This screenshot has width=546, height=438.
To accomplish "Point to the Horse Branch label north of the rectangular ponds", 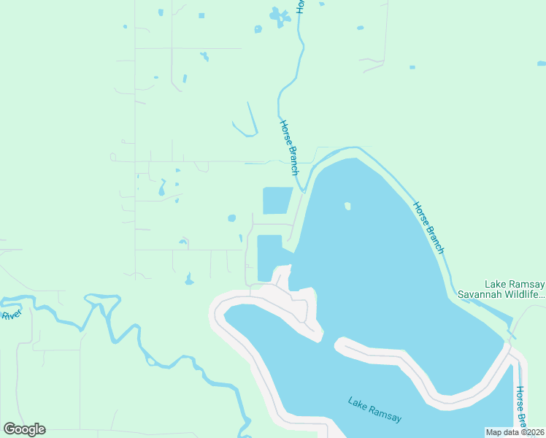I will pos(289,147).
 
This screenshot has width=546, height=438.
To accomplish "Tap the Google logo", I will pos(24,429).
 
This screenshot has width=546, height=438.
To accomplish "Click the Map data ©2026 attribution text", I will pos(515,432).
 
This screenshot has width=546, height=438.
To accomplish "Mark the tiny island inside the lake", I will pos(347,206).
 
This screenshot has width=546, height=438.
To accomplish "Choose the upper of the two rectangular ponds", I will pos(277,201).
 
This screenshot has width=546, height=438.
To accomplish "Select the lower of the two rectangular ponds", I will pos(269,258).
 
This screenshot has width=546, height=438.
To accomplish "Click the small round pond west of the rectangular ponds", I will pos(231,218).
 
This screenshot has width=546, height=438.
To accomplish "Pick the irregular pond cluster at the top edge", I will pos(278,15).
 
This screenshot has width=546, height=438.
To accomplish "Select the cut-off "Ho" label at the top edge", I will pos(300,5).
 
